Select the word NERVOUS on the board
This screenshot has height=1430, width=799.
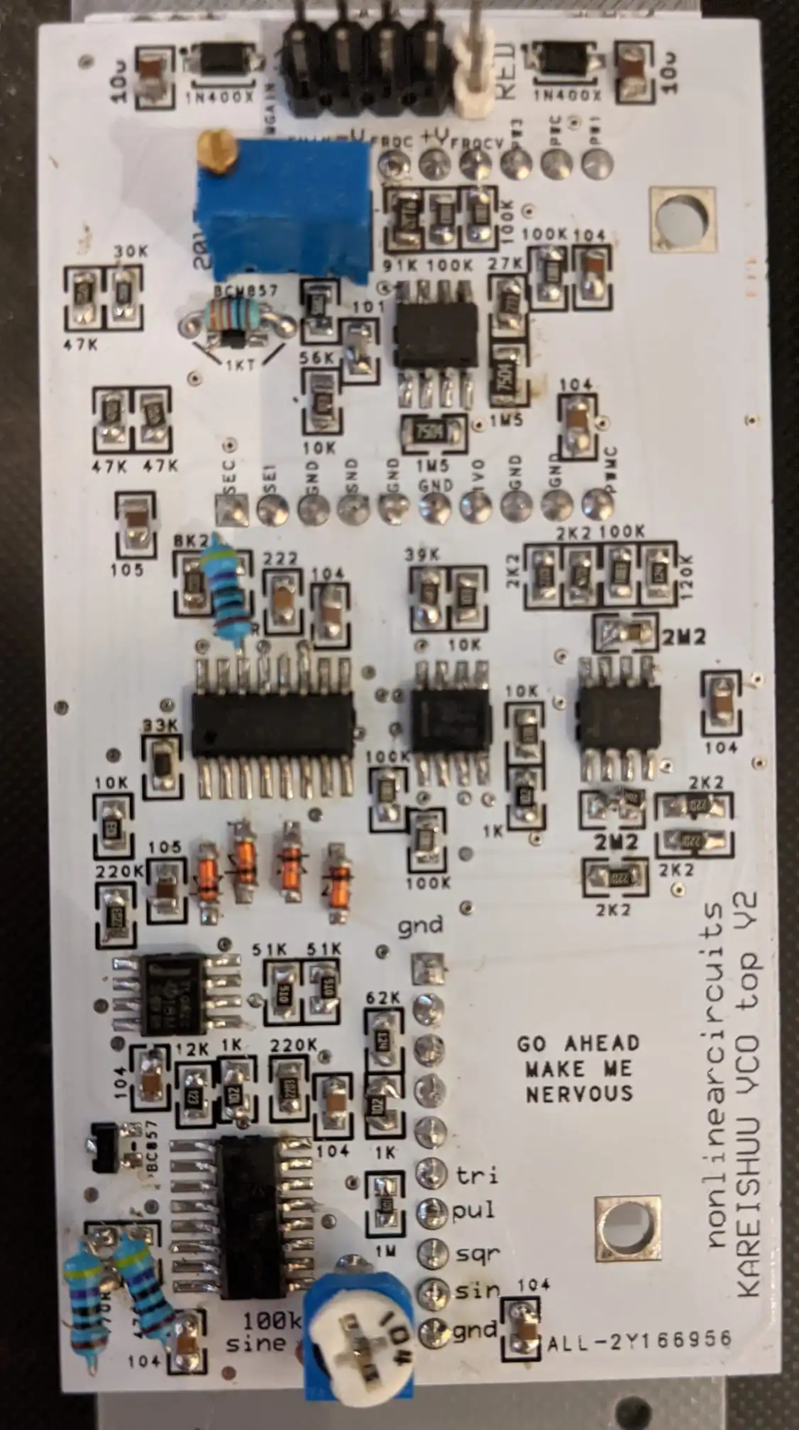point(579,1094)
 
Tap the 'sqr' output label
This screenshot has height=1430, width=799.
point(477,1253)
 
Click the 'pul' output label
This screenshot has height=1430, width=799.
point(474,1211)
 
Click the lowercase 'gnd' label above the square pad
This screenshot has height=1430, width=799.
point(420,925)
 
